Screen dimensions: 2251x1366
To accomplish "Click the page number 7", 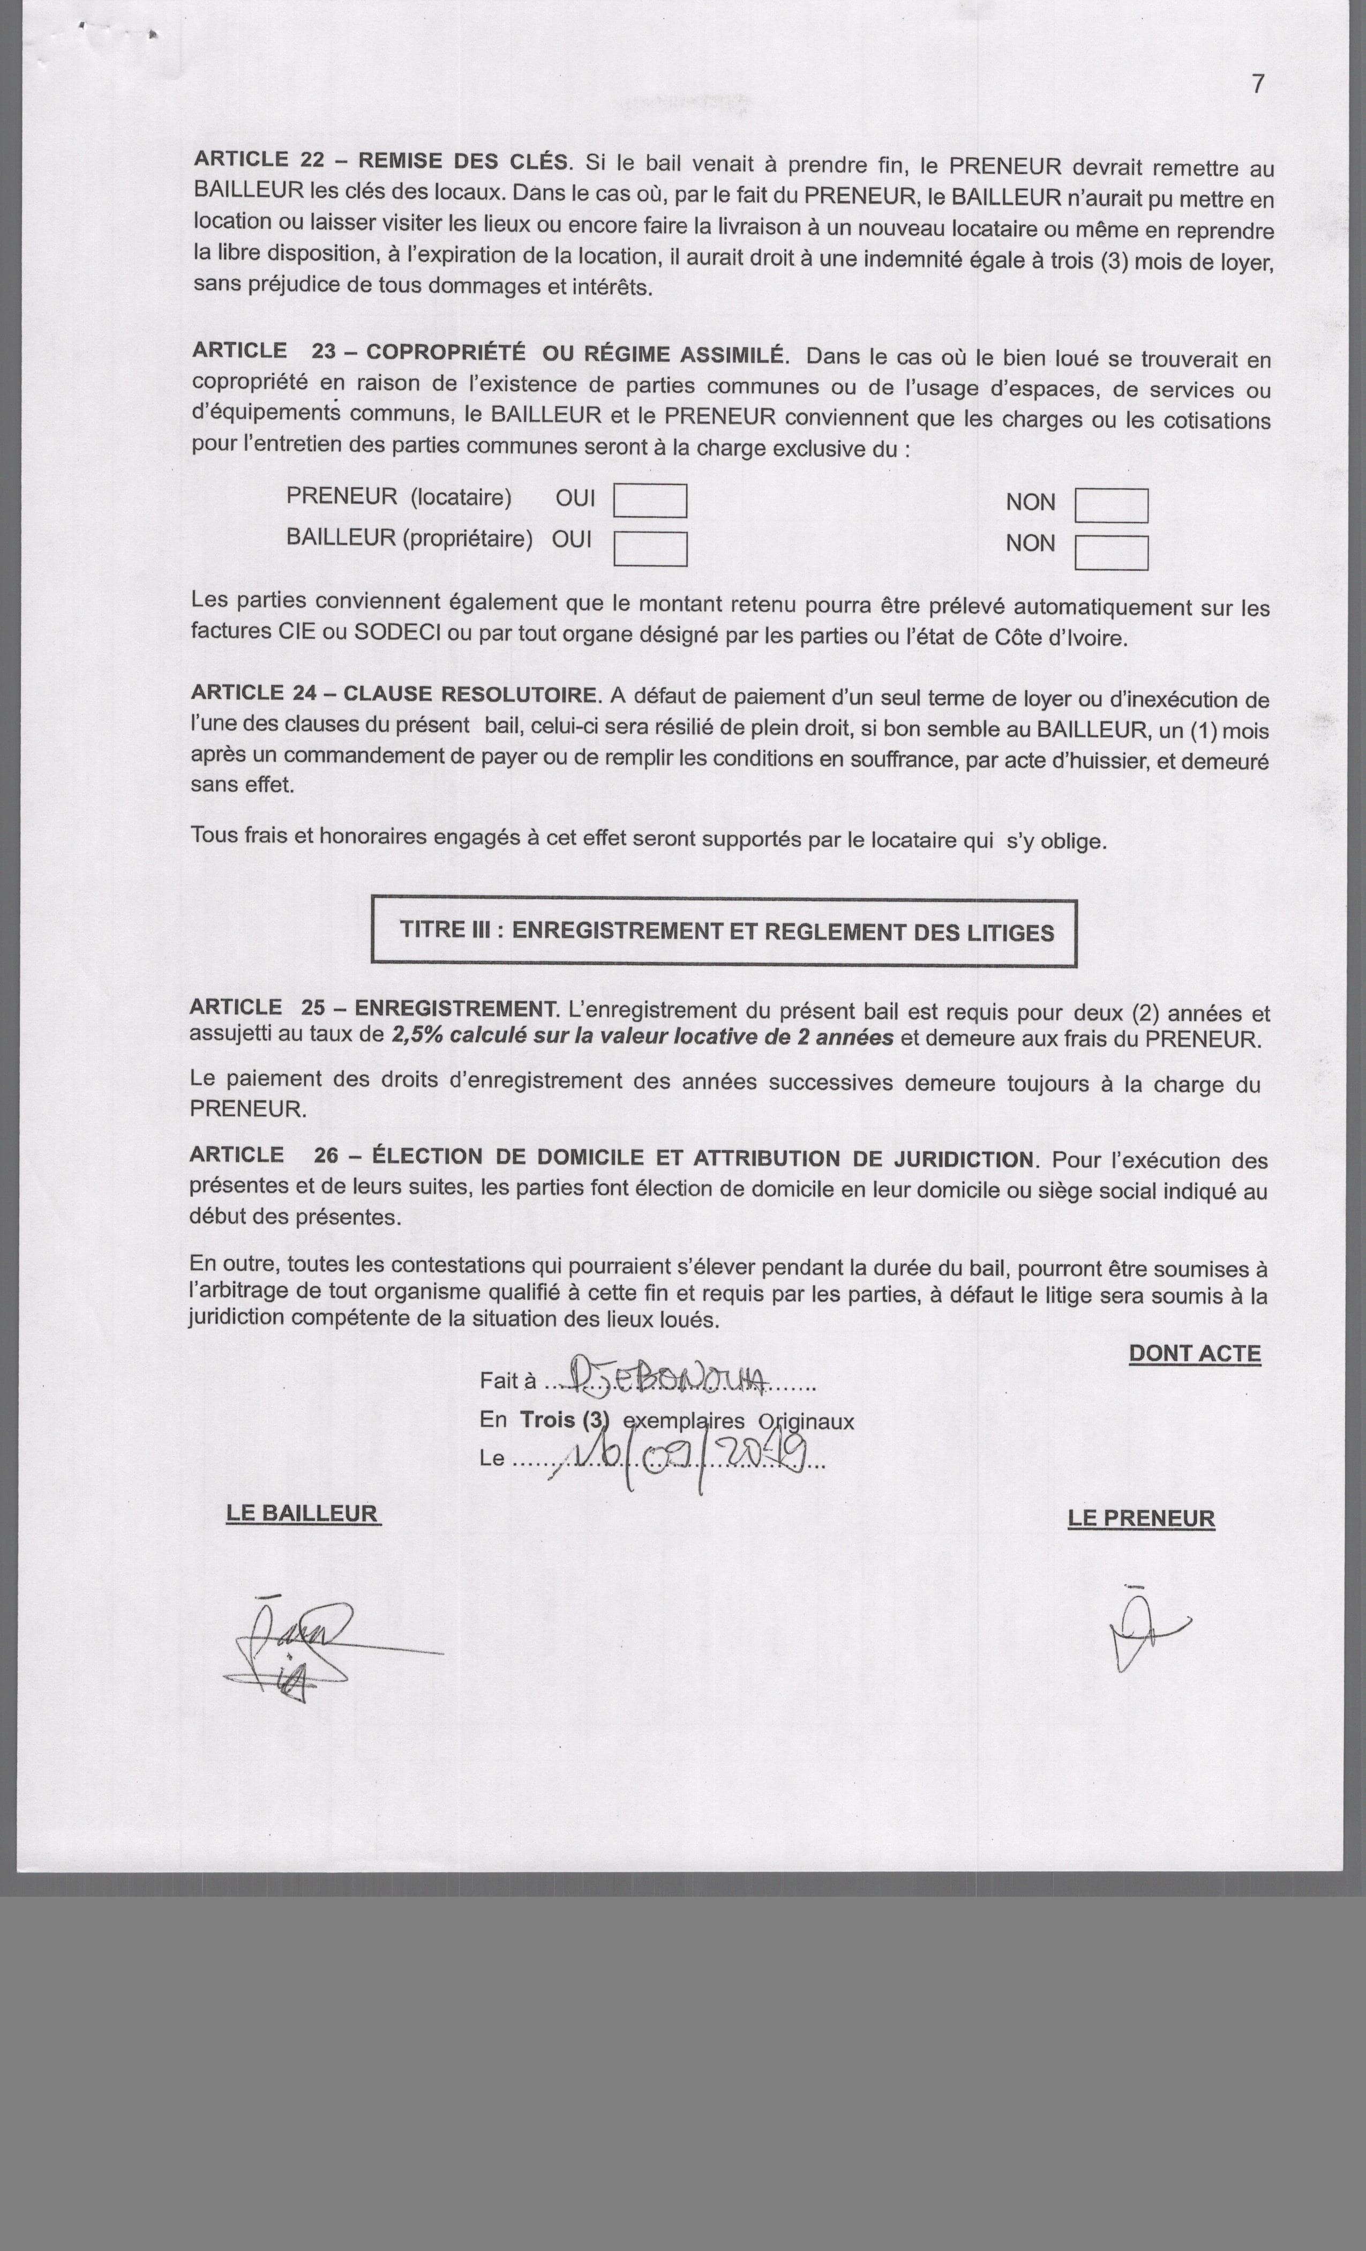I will click(x=1258, y=84).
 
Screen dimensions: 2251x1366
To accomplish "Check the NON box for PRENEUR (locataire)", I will click(x=1110, y=505).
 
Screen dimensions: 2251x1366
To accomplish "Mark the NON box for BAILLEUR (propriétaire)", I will click(x=1110, y=553).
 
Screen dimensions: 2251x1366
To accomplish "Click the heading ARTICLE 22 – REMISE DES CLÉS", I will click(x=381, y=161).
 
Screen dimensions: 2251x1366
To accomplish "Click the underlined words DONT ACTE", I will click(x=1195, y=1354).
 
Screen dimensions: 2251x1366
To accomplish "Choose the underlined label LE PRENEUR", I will click(x=1140, y=1518).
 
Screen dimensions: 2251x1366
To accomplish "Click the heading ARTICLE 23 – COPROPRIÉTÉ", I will click(x=487, y=353).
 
